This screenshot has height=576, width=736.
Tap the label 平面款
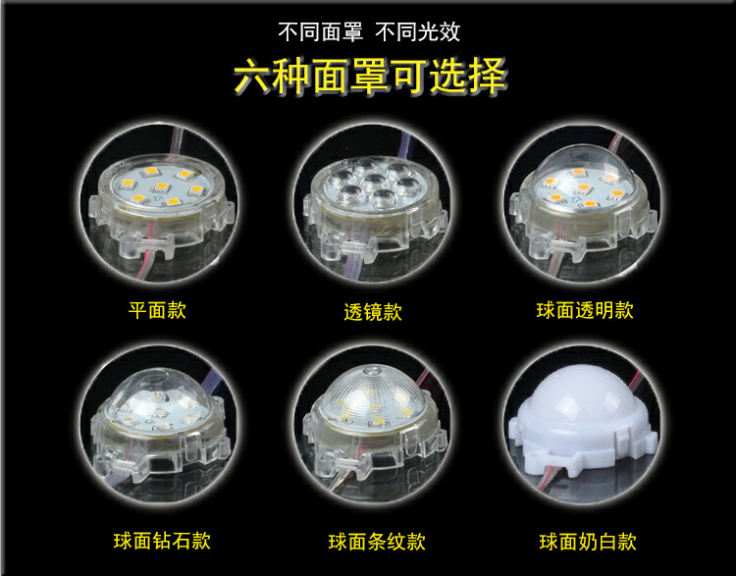pyautogui.click(x=157, y=311)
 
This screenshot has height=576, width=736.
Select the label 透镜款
pyautogui.click(x=372, y=313)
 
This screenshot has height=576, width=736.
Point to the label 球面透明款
pyautogui.click(x=585, y=311)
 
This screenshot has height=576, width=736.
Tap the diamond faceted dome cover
pyautogui.click(x=158, y=402)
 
